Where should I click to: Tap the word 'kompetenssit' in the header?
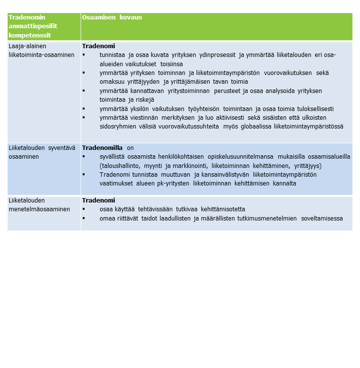[x=30, y=36]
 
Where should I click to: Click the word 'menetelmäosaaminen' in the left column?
[x=39, y=209]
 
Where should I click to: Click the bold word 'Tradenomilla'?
[x=103, y=148]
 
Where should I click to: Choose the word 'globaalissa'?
[x=253, y=127]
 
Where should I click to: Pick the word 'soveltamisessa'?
[x=322, y=219]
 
